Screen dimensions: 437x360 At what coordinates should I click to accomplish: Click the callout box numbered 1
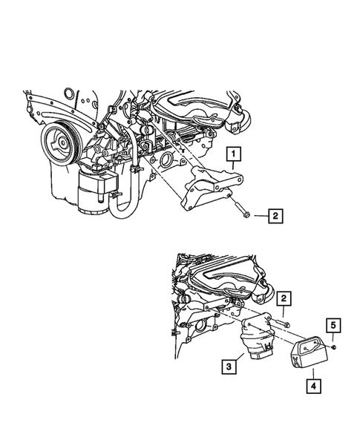coord(235,155)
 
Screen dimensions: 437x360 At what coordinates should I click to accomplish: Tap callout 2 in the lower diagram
coord(284,300)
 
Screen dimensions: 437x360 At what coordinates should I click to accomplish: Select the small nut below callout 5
coord(334,346)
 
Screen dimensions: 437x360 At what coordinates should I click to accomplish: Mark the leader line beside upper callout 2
coord(259,217)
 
